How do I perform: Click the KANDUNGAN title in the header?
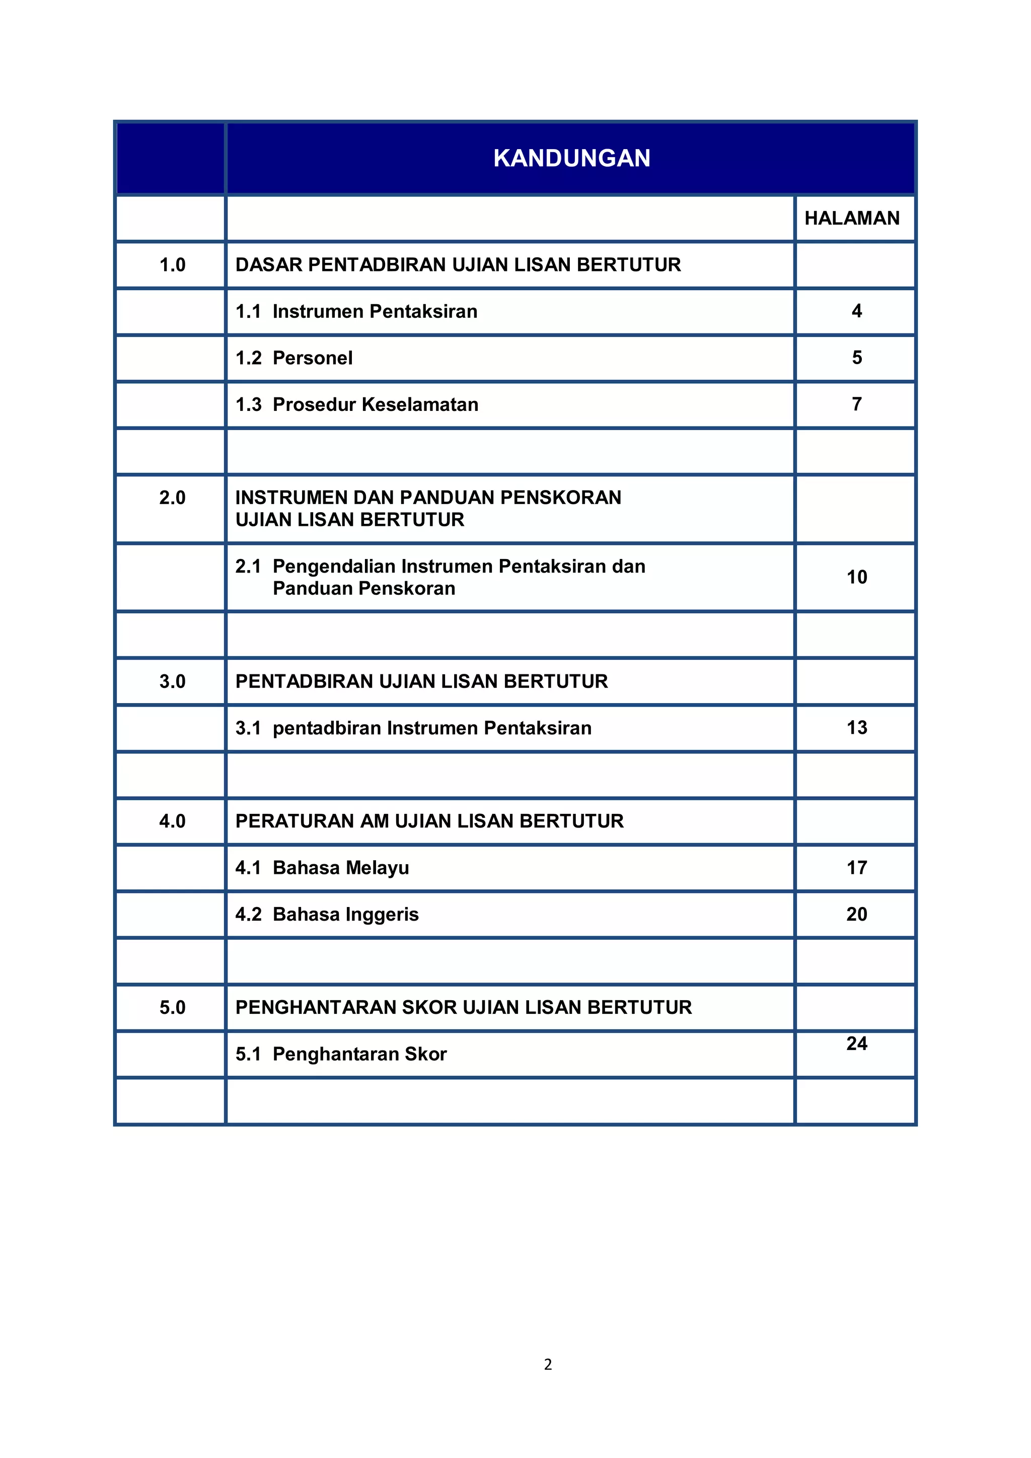tap(571, 158)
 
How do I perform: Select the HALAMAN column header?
tap(852, 219)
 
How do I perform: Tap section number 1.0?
tap(172, 265)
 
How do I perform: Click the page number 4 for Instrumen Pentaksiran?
tap(856, 311)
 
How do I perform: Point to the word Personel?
tap(312, 358)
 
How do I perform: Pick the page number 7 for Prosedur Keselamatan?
tap(856, 404)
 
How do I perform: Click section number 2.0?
tap(172, 498)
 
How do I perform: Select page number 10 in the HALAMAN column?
tap(856, 577)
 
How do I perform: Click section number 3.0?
tap(172, 682)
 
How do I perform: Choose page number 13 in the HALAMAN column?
tap(856, 728)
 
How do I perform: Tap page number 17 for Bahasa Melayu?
tap(856, 868)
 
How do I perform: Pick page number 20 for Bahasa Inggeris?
tap(856, 915)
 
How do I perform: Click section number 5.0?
tap(172, 1008)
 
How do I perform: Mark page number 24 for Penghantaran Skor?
tap(856, 1044)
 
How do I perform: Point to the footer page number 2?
tap(548, 1365)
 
